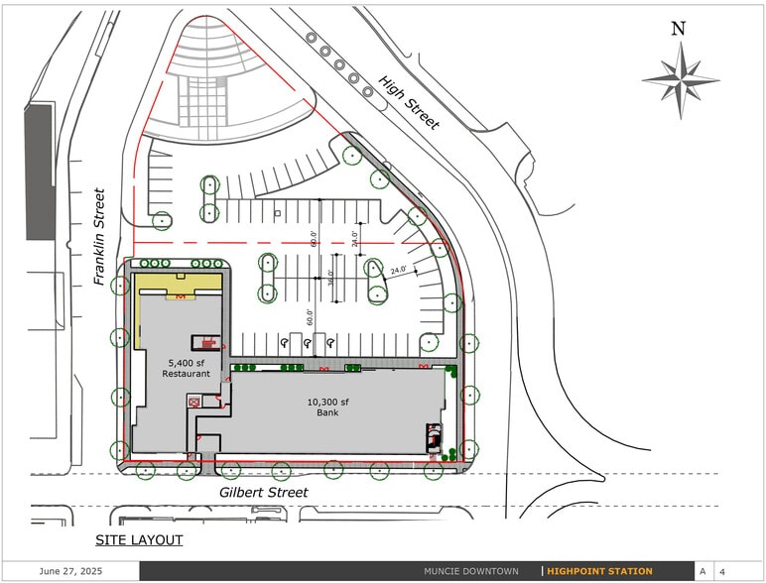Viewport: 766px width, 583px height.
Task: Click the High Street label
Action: point(408,101)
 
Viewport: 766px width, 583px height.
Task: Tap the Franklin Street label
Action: point(99,237)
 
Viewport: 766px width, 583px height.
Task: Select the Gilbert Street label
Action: point(263,492)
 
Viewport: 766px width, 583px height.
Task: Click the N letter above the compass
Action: point(679,29)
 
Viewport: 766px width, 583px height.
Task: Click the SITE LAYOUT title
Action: point(139,539)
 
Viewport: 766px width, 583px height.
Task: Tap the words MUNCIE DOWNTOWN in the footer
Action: point(471,571)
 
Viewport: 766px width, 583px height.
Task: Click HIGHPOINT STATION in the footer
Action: point(599,571)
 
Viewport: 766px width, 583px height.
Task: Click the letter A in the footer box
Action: point(702,571)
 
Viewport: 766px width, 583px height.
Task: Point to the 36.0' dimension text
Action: point(330,279)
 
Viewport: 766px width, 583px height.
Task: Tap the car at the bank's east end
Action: point(433,438)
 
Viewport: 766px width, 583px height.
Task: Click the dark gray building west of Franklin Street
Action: point(39,172)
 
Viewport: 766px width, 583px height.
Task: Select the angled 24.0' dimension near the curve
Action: point(399,270)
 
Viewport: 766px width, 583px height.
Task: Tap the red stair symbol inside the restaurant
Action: point(208,343)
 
